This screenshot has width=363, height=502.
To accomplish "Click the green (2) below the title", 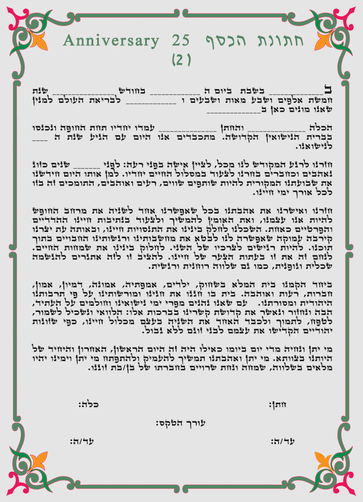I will point(181,58).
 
